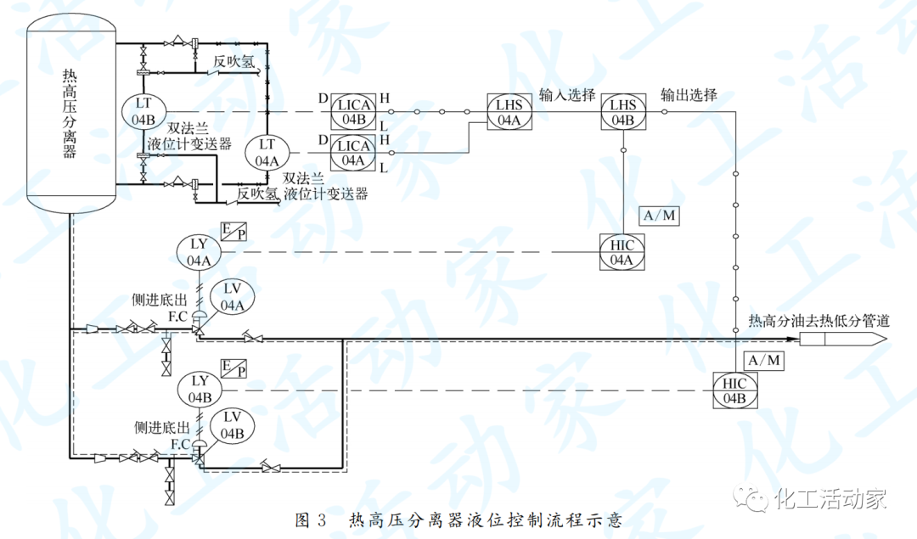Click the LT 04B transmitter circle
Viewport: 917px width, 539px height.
tap(143, 111)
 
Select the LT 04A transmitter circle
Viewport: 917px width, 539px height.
tap(267, 151)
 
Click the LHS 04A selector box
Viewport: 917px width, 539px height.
tap(509, 112)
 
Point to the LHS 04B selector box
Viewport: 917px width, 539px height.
tap(623, 112)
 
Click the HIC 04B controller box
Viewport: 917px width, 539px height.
tap(734, 390)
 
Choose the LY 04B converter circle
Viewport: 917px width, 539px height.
tap(200, 390)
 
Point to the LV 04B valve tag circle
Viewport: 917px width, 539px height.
tap(232, 425)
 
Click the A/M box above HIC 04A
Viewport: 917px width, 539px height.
tap(660, 216)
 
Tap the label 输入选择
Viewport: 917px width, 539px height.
tap(567, 94)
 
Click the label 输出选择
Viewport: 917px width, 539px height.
tap(689, 94)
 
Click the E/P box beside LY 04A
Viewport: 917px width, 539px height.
tap(233, 231)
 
